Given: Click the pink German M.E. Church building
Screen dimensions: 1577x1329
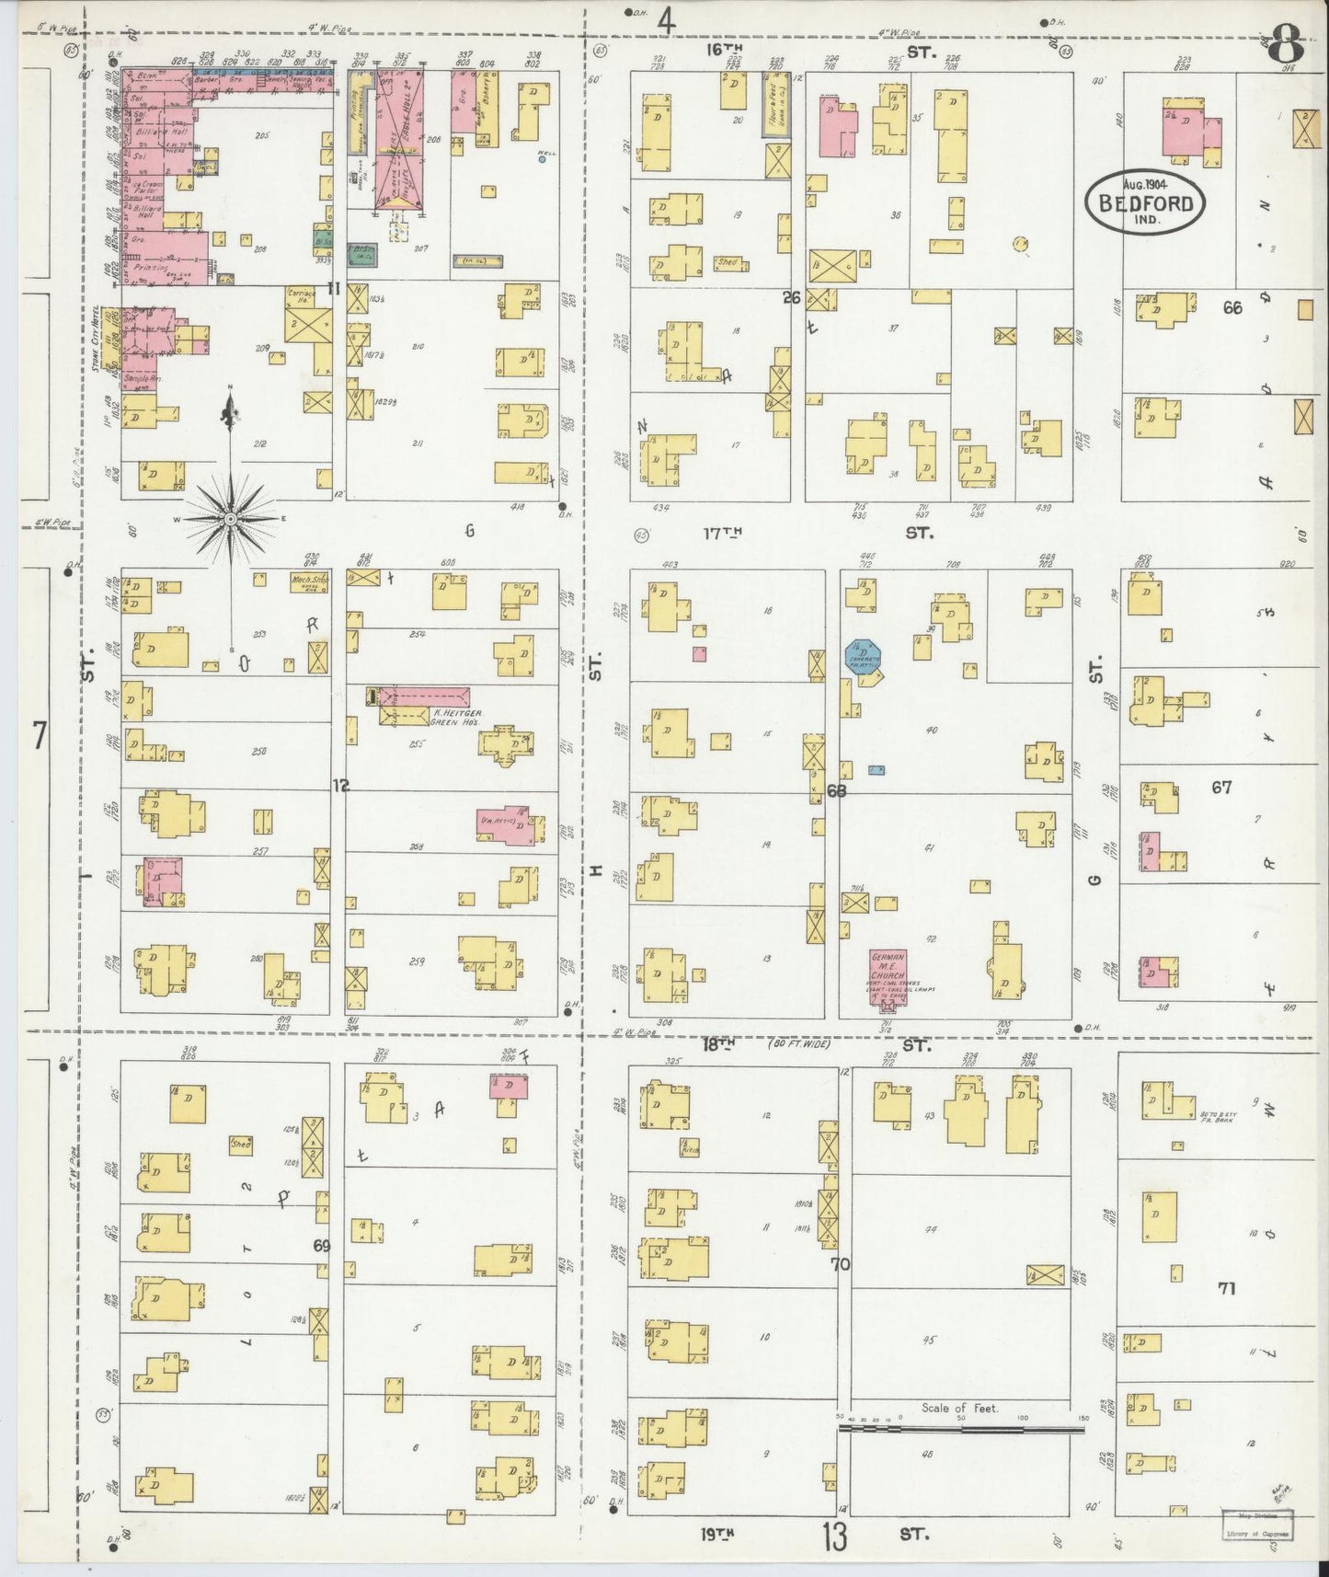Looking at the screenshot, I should click(888, 975).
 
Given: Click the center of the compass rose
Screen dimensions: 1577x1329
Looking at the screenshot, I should click(230, 518).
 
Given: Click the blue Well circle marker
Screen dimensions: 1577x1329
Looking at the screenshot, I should click(543, 159).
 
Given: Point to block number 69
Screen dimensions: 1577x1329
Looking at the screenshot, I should click(321, 1247).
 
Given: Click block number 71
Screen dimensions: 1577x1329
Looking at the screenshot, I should click(1225, 1288).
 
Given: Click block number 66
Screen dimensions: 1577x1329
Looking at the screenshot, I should click(1232, 308).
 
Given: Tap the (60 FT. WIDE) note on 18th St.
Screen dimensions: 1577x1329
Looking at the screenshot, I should click(798, 1044).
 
